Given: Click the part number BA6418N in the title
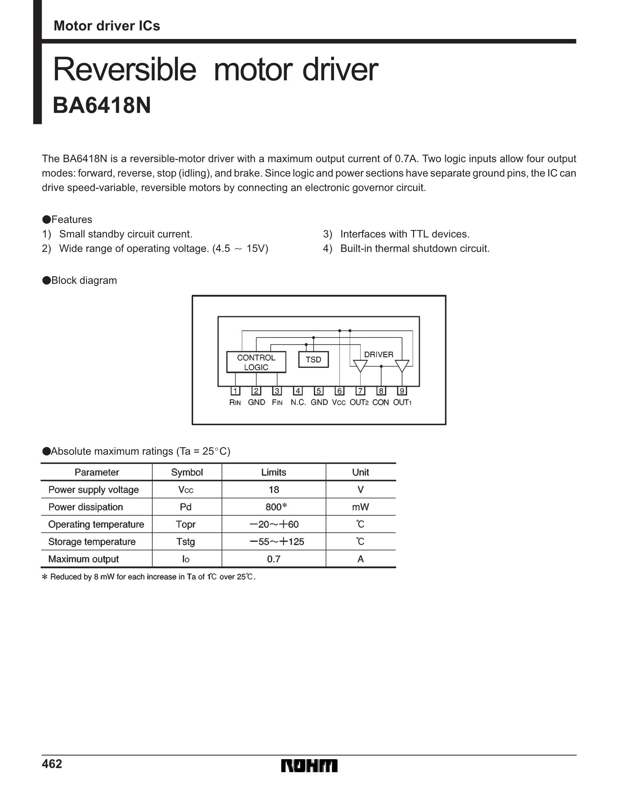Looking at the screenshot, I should click(101, 106).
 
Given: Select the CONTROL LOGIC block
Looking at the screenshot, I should click(256, 362).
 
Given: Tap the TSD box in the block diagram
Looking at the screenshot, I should click(313, 360).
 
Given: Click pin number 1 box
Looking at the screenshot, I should click(235, 391).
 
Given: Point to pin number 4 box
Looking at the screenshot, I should click(298, 391).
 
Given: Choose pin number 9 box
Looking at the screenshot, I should click(402, 391).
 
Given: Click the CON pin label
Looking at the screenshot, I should click(380, 402).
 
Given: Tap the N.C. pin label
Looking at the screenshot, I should click(298, 402).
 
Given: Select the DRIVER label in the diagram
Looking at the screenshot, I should click(378, 354).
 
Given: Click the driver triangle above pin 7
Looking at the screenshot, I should click(360, 365).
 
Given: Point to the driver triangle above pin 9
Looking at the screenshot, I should click(402, 365).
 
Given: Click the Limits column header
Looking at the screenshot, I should click(274, 472).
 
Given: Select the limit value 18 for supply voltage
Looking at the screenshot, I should click(274, 489).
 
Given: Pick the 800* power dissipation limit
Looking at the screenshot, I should click(276, 507).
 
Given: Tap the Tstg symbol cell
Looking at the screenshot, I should click(186, 542).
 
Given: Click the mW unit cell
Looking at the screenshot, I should click(360, 507).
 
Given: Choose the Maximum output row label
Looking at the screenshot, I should click(83, 559).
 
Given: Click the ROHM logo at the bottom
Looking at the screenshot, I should click(309, 766).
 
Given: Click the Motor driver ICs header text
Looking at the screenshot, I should click(107, 26).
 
